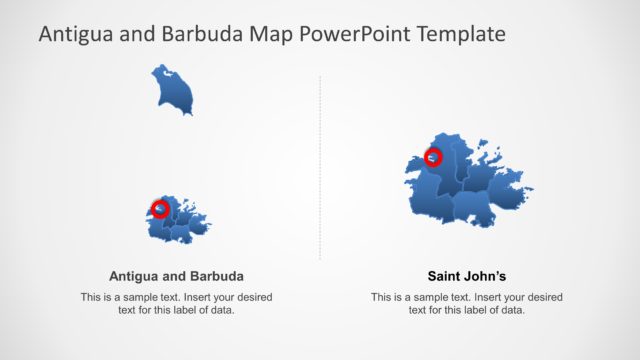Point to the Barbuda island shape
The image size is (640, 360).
click(x=173, y=90)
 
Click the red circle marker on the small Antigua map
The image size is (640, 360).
click(x=160, y=208)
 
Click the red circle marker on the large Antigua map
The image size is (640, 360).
click(x=433, y=157)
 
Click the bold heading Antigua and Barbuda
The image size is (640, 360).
click(x=175, y=276)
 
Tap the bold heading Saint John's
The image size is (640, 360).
click(x=466, y=276)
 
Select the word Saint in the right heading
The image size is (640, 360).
click(x=445, y=276)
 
